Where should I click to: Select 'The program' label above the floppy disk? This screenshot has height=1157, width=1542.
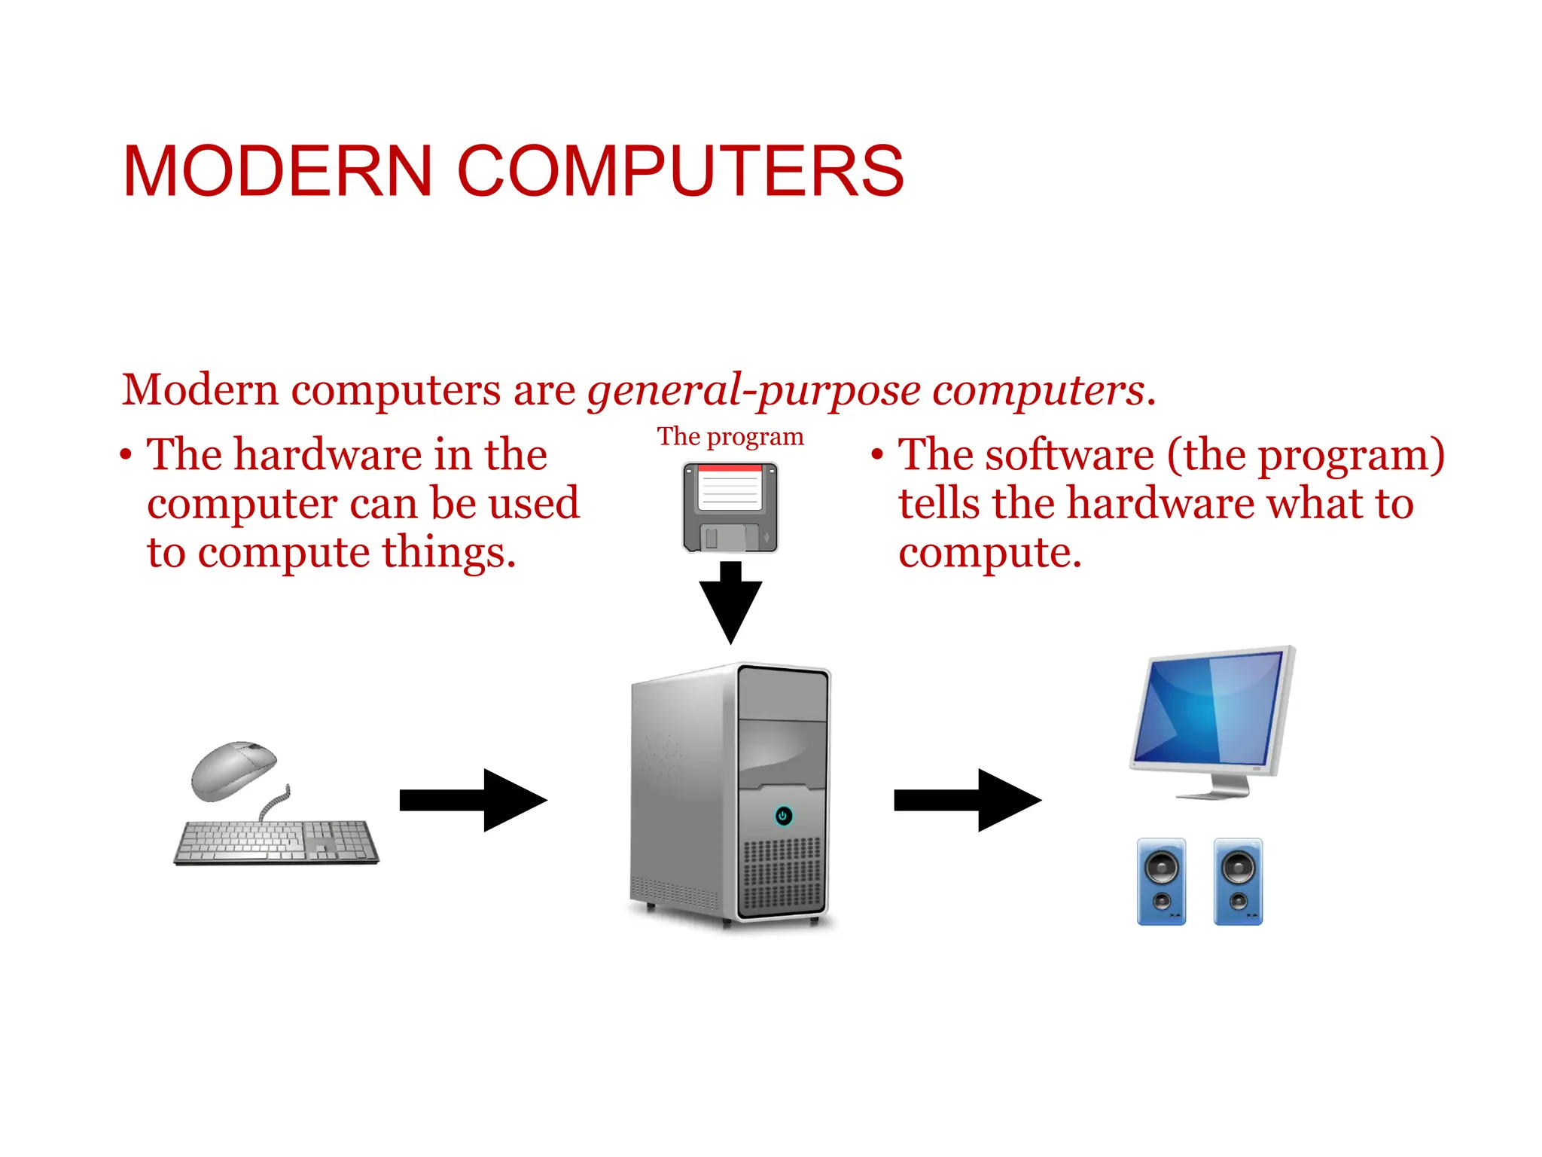click(730, 437)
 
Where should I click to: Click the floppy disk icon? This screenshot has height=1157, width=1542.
click(730, 507)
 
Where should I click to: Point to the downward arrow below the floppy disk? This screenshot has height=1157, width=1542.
click(730, 603)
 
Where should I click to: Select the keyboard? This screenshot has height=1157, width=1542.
click(276, 841)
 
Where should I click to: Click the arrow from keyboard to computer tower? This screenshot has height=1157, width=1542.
click(473, 800)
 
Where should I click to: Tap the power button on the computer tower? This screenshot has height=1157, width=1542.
click(783, 816)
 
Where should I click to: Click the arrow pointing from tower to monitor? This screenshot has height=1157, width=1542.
click(968, 800)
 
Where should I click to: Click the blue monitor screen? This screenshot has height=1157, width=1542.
click(1209, 709)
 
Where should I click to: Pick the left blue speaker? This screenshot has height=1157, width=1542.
click(1161, 881)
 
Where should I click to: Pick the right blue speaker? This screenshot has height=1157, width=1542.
click(1238, 881)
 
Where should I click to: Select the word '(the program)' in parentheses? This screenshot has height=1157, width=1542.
click(1306, 456)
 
